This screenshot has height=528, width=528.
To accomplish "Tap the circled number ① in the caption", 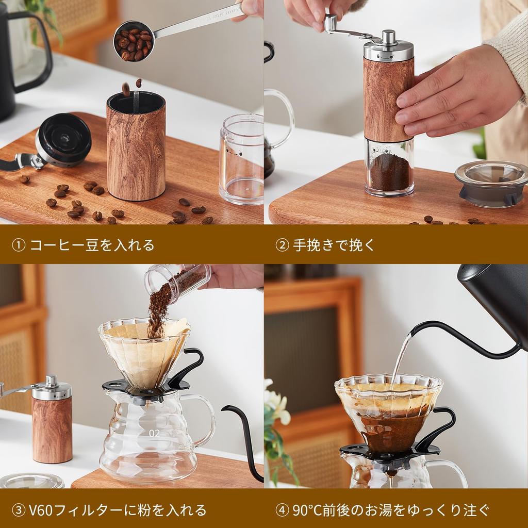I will click(19, 245).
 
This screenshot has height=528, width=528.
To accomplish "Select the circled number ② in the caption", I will click(282, 245).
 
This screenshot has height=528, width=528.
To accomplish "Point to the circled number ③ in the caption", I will click(19, 510).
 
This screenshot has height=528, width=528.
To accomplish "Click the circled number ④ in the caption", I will click(282, 510).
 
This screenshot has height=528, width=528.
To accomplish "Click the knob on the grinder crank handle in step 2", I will click(331, 23).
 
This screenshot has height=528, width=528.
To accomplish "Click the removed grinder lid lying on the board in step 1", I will click(63, 140).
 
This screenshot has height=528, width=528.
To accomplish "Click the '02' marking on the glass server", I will click(154, 434).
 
